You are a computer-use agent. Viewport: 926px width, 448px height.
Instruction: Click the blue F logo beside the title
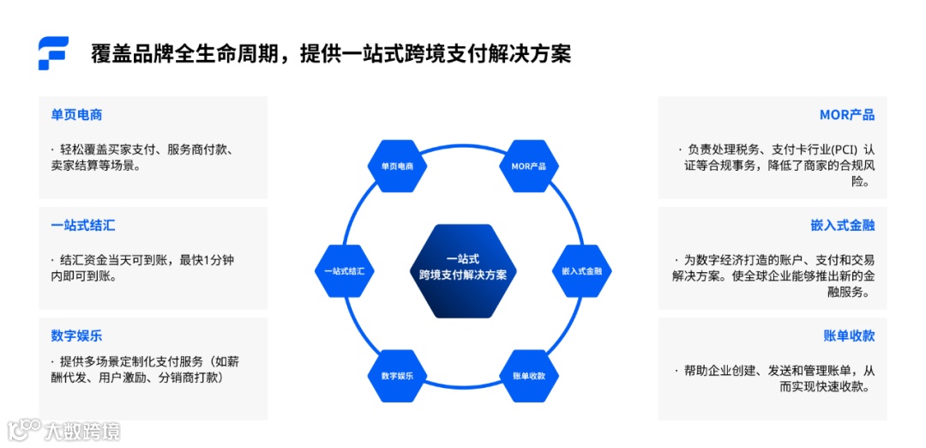pyautogui.click(x=53, y=53)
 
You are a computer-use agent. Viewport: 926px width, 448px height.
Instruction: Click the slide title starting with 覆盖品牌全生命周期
pyautogui.click(x=331, y=54)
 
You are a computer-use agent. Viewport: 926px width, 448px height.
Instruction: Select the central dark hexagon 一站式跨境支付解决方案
pyautogui.click(x=463, y=270)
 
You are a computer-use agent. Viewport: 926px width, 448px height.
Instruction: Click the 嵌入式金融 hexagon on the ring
pyautogui.click(x=582, y=270)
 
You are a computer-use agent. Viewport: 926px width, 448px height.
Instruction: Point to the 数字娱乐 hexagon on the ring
pyautogui.click(x=397, y=376)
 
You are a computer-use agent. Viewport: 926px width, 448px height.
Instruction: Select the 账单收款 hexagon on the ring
pyautogui.click(x=529, y=376)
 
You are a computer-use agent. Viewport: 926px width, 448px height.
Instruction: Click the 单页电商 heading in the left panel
pyautogui.click(x=76, y=115)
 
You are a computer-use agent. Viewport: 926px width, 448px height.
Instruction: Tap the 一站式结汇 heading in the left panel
pyautogui.click(x=82, y=226)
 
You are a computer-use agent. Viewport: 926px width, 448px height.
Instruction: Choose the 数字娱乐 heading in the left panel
pyautogui.click(x=76, y=336)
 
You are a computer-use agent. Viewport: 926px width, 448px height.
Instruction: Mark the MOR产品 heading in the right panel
pyautogui.click(x=846, y=115)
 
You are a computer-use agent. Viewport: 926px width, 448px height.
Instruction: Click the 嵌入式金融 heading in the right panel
pyautogui.click(x=842, y=226)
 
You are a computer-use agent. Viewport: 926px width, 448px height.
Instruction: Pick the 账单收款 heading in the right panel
pyautogui.click(x=849, y=336)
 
